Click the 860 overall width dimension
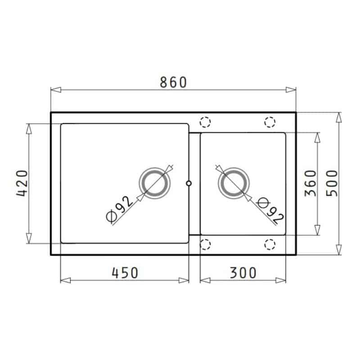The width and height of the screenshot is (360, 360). tap(173, 82)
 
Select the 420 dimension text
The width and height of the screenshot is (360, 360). tap(21, 184)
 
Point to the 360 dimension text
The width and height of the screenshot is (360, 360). tap(310, 184)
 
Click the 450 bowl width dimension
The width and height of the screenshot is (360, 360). tap(125, 272)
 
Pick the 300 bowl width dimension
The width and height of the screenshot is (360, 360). tap(243, 272)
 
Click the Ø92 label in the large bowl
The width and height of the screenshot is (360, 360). tap(120, 209)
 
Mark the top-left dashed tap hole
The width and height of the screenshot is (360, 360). tap(205, 122)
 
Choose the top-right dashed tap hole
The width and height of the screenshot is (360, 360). tap(270, 122)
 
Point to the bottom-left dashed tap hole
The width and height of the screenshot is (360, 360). tap(205, 244)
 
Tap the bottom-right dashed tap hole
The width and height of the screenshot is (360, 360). tap(270, 244)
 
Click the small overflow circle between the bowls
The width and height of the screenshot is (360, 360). tap(189, 183)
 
